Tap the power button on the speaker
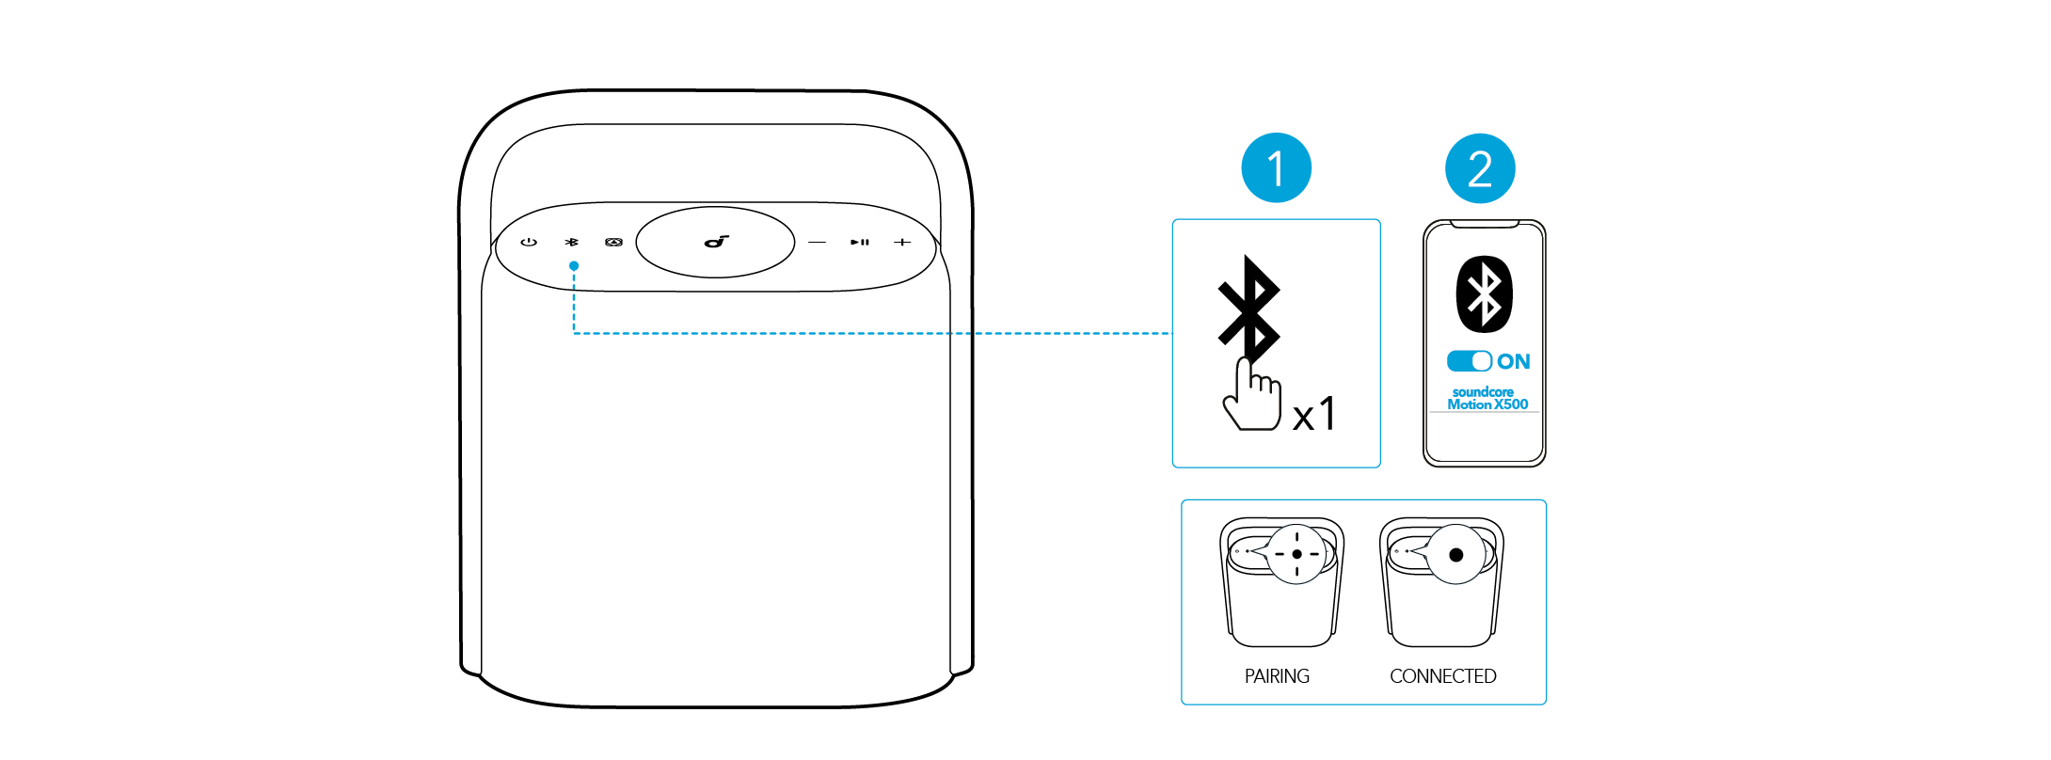point(529,242)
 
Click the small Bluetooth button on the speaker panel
point(572,242)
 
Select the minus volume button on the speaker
point(817,243)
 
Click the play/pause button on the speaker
point(860,243)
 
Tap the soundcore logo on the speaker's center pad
point(717,242)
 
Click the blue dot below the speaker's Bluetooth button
point(574,266)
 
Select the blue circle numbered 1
point(1276,169)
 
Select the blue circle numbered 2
point(1480,169)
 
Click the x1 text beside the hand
point(1314,414)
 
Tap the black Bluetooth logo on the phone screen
point(1485,293)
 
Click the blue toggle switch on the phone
point(1470,361)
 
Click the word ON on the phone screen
point(1514,361)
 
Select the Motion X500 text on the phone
point(1487,404)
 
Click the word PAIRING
point(1277,676)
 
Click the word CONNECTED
point(1442,676)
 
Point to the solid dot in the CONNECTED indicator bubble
point(1456,555)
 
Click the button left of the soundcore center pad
point(613,242)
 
